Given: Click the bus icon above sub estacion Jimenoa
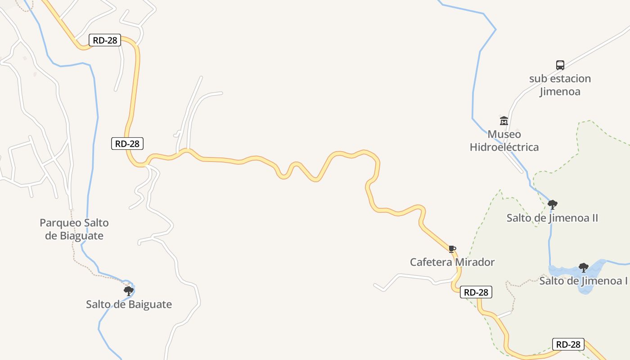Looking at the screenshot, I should coord(560,65).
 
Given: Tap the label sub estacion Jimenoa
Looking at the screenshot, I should coord(560,85).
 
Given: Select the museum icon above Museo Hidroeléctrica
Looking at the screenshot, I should coord(504,121).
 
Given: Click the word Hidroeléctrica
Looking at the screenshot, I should coord(504,147).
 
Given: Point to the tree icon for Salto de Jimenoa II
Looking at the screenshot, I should coord(553,205).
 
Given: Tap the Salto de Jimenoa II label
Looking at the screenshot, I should coord(552,218).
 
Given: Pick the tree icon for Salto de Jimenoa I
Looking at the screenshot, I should coord(584,268).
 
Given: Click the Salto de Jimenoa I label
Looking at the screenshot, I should coord(583,281).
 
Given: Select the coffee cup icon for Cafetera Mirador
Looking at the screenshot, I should coord(452,249).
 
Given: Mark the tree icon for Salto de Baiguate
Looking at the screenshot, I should coord(129,291).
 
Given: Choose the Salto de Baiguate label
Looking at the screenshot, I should coord(129,305).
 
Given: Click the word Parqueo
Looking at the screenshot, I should coord(61,223).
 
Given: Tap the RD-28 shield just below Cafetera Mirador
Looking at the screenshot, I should coord(476,292).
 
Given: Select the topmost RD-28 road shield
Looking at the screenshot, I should coord(105,40).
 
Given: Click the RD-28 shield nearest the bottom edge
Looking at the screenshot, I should coord(568,345).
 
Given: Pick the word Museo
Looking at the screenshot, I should coord(504,134).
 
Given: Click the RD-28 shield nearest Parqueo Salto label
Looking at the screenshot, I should coord(127,144).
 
